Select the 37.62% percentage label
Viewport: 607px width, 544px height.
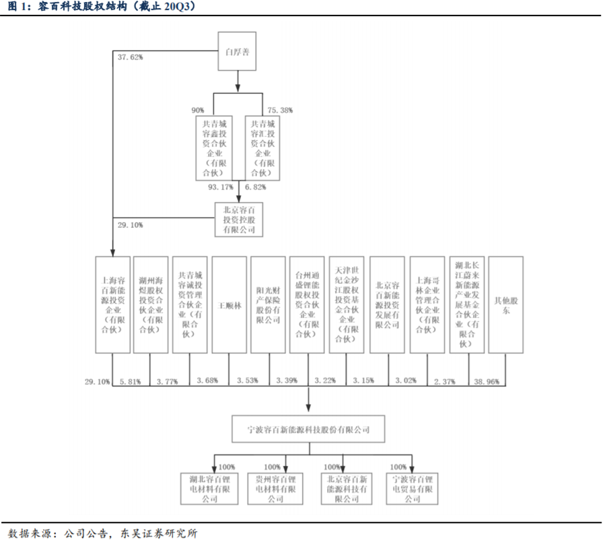(131, 57)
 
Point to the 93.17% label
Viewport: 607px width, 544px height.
(223, 186)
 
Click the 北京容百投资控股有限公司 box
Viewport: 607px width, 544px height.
(238, 219)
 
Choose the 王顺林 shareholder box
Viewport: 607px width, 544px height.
(229, 304)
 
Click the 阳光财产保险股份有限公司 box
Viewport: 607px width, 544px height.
(268, 304)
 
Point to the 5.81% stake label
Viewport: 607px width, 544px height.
(130, 382)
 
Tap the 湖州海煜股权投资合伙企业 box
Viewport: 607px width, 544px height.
(151, 304)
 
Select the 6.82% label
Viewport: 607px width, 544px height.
(255, 186)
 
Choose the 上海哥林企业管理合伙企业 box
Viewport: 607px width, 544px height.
(427, 304)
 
